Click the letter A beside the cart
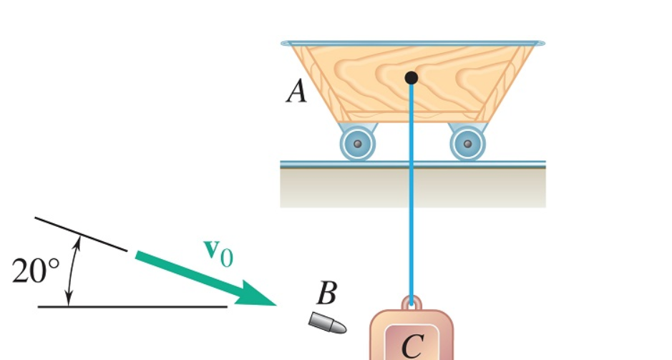pyautogui.click(x=296, y=92)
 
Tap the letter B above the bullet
pyautogui.click(x=326, y=293)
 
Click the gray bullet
pyautogui.click(x=328, y=323)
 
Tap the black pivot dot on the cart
pyautogui.click(x=411, y=77)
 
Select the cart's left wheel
pyautogui.click(x=358, y=142)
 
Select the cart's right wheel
pyautogui.click(x=467, y=143)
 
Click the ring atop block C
pyautogui.click(x=412, y=303)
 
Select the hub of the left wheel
pyautogui.click(x=358, y=143)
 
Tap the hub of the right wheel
pyautogui.click(x=467, y=143)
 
